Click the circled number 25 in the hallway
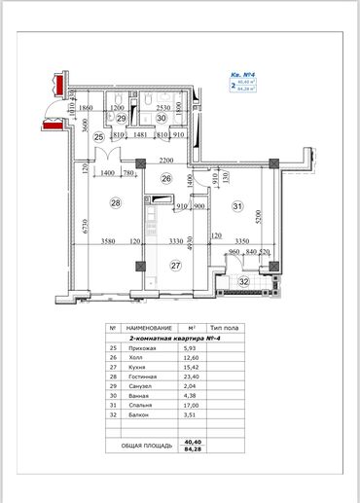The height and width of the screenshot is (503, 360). pos(98,138)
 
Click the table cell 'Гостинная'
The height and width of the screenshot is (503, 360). pos(142,379)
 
